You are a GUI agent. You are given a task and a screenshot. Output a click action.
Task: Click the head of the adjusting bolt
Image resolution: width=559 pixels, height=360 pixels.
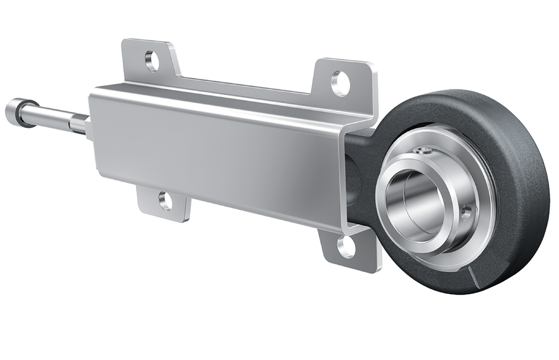(12, 109)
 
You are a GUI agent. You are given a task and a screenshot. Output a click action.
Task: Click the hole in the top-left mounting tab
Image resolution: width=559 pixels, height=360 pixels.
(151, 61)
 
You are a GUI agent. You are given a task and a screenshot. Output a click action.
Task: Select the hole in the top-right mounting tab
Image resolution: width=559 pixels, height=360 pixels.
(340, 82)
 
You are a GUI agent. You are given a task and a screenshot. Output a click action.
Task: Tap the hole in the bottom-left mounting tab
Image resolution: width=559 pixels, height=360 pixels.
(165, 201)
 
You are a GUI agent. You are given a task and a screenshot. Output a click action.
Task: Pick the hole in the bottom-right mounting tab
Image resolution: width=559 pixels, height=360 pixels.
(347, 246)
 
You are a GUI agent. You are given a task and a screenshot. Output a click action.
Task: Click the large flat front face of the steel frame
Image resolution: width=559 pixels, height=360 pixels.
(218, 153)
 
